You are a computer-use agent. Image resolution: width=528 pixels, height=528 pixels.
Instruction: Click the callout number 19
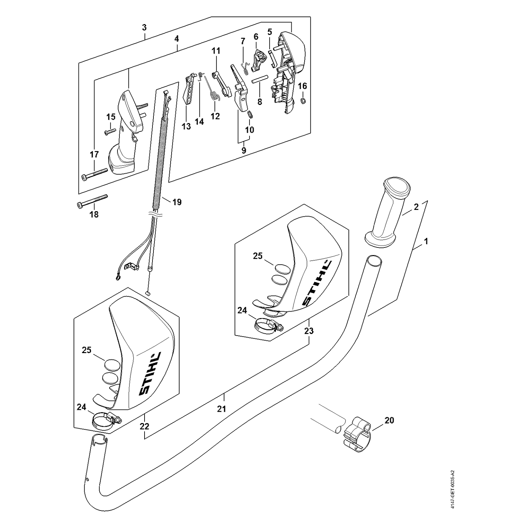[177, 202]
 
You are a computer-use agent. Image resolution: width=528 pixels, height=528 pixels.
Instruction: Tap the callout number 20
[389, 420]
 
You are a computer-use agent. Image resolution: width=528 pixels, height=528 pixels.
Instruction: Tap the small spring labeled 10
[250, 115]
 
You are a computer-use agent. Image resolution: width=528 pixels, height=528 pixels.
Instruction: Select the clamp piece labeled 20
[358, 435]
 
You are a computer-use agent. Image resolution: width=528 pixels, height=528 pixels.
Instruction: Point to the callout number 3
[144, 28]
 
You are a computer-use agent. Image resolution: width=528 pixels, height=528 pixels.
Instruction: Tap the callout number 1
[426, 241]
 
